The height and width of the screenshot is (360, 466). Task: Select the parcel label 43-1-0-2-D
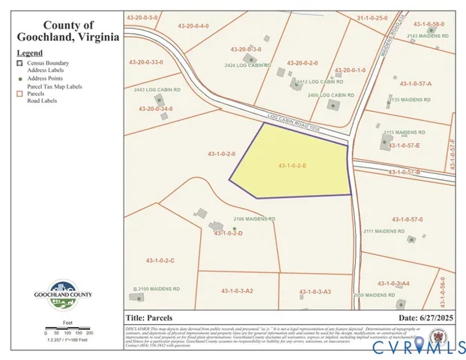[229, 233]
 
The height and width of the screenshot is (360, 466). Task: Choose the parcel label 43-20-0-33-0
[145, 62]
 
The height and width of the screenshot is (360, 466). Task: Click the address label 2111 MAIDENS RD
[384, 231]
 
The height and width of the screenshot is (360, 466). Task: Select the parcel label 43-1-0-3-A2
[237, 290]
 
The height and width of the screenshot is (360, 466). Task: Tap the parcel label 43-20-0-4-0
[194, 26]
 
